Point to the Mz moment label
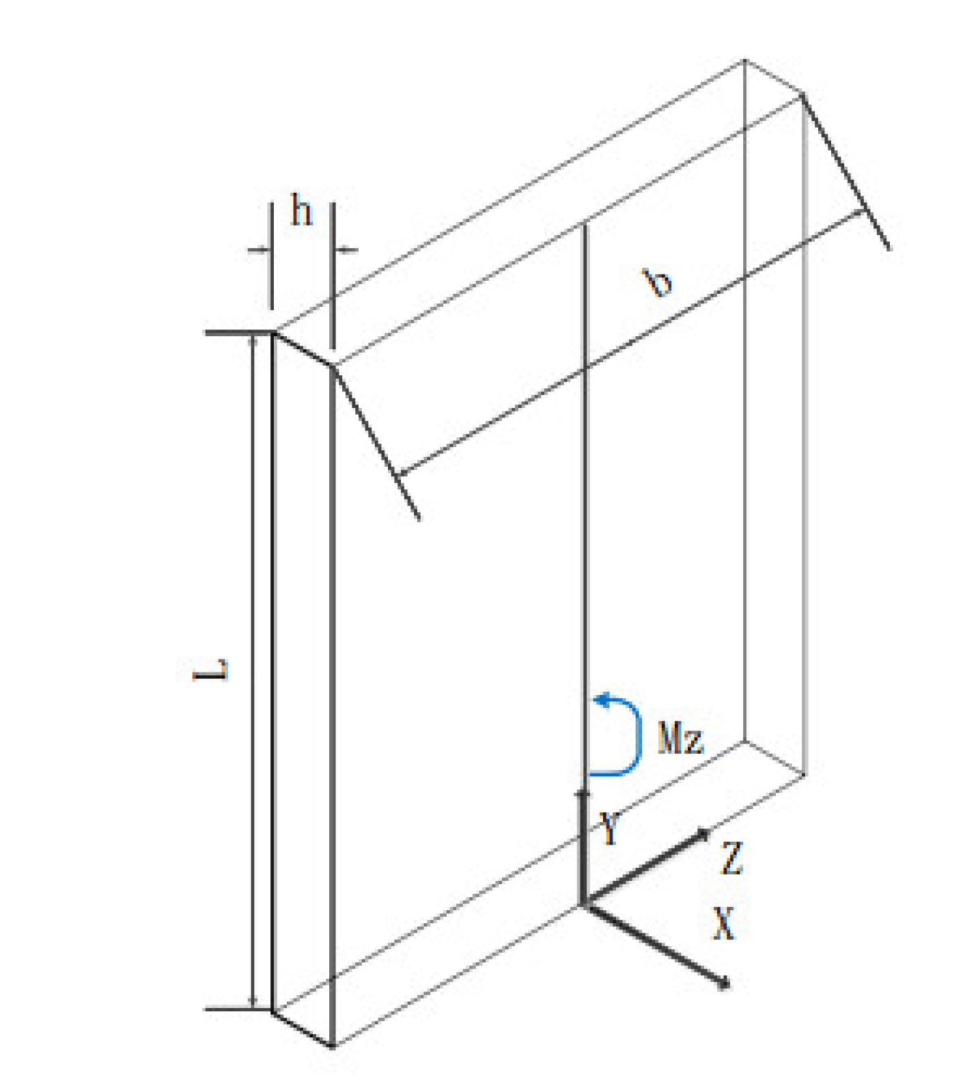click(680, 738)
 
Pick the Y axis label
click(609, 828)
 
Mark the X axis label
click(723, 924)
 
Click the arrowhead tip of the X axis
click(727, 984)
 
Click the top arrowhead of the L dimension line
click(254, 338)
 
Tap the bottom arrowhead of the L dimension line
click(254, 1003)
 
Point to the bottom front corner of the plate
click(333, 1046)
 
